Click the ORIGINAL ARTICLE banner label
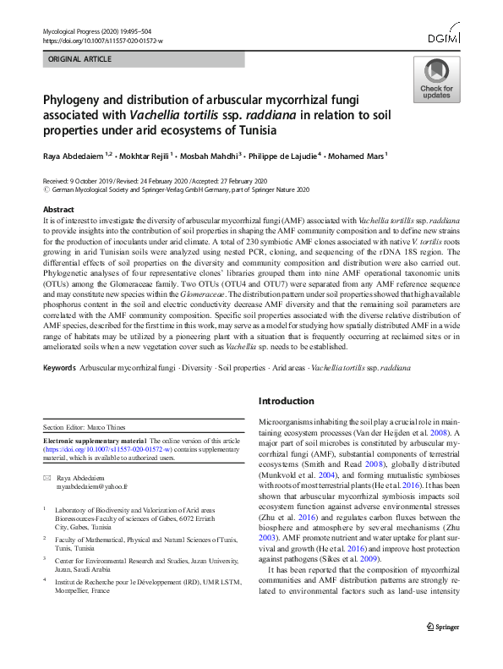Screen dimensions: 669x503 click(x=81, y=60)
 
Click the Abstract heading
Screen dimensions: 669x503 click(x=57, y=209)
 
